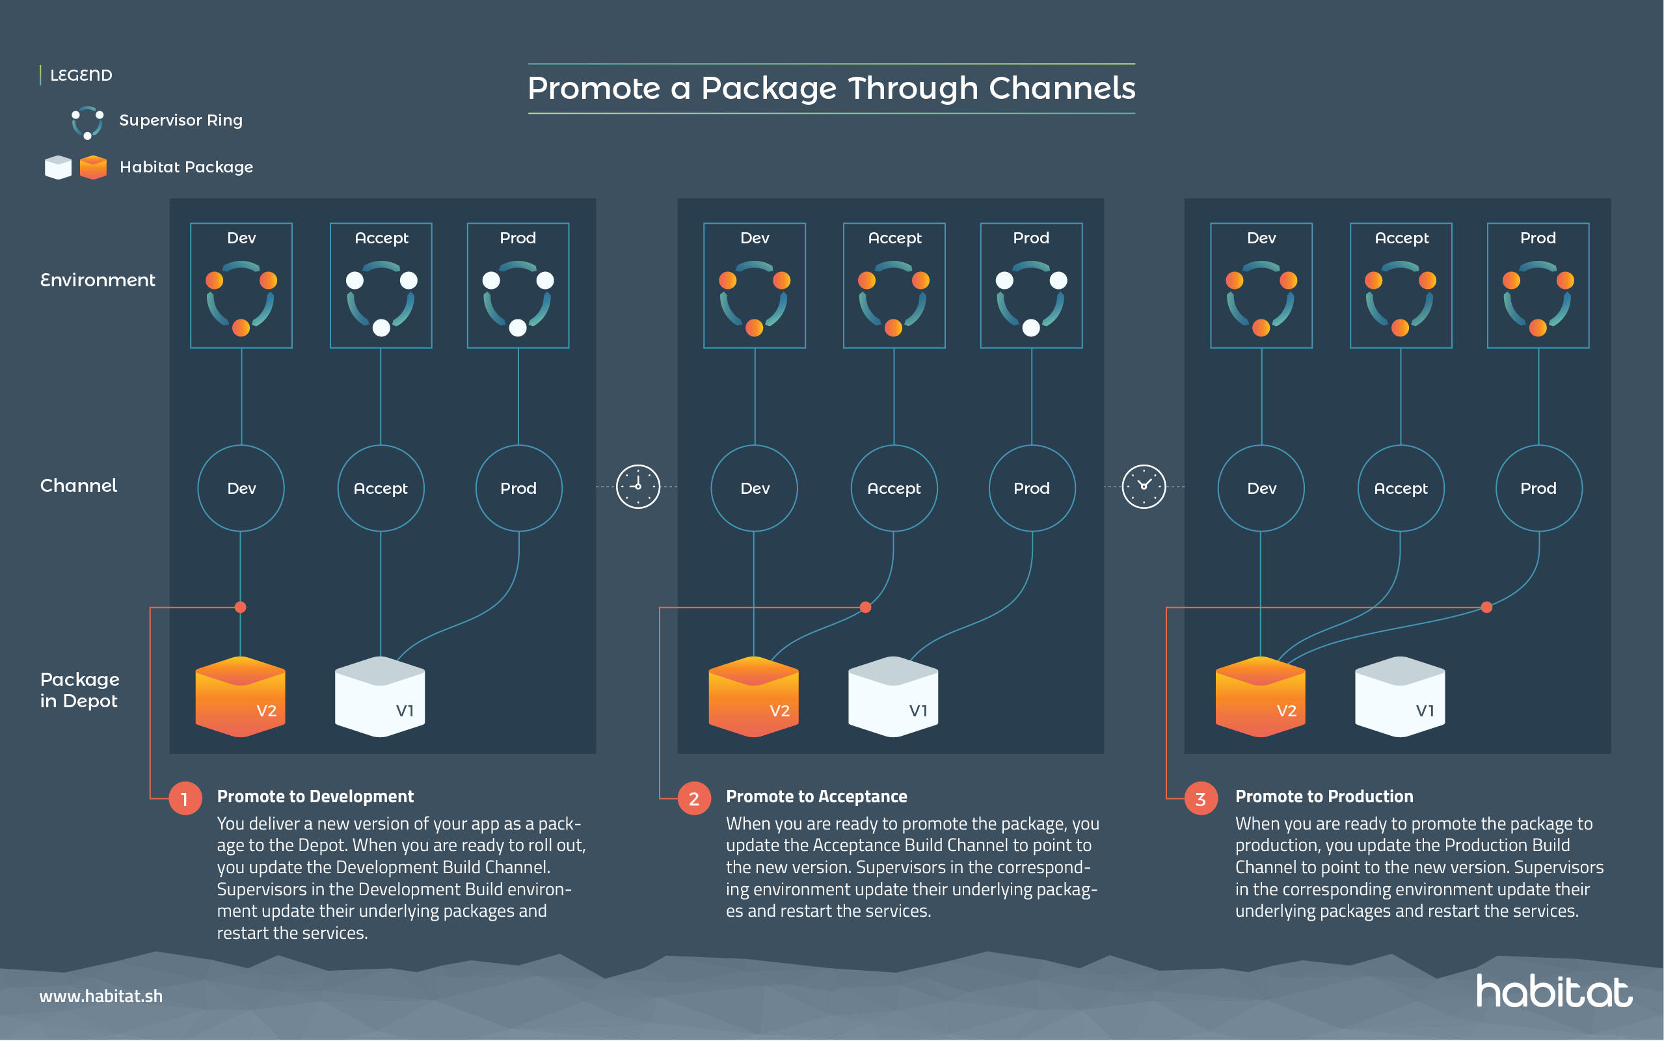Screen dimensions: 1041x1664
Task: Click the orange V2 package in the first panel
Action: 240,697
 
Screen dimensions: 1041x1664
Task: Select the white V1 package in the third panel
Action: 1399,697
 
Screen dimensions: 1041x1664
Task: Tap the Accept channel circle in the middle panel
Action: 893,488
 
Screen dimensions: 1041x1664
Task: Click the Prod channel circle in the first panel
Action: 518,488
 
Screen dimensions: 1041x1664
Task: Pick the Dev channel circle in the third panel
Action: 1261,488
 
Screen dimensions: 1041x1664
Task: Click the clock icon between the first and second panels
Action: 637,487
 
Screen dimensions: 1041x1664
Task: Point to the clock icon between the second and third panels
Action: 1144,487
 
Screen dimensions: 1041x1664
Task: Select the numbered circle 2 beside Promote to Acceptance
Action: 693,799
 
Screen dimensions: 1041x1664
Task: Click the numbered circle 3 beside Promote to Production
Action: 1200,799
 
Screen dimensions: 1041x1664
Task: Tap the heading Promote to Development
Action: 315,796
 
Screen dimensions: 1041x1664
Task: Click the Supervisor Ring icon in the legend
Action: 87,122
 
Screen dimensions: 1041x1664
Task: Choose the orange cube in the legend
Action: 93,167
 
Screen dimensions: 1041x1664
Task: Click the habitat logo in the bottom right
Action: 1553,992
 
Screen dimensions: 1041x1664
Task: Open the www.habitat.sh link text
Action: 101,996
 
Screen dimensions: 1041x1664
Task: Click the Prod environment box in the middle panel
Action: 1031,285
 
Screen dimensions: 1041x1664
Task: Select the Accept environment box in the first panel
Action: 381,285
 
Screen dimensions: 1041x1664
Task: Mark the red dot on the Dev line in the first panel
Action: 240,607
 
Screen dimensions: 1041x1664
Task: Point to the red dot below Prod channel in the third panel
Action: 1486,607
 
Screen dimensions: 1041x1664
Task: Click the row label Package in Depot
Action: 79,690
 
